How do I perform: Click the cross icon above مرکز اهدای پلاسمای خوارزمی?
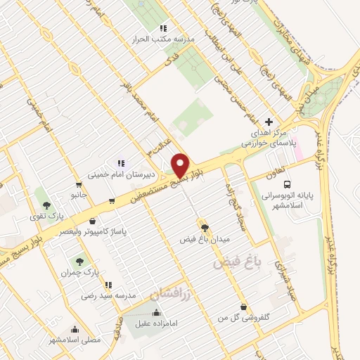tap(269, 121)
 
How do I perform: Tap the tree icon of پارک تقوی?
tap(46, 206)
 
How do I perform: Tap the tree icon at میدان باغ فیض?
tap(205, 228)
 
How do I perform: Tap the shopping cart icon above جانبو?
tap(112, 202)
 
